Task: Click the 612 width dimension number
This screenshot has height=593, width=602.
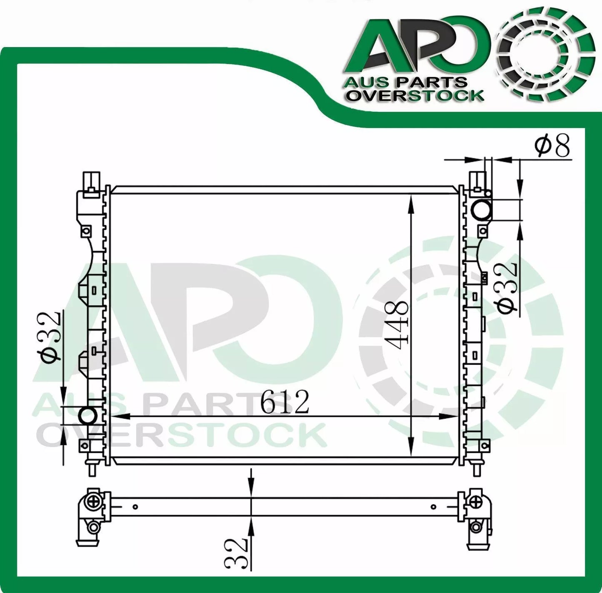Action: [285, 402]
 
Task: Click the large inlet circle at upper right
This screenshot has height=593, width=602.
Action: [482, 210]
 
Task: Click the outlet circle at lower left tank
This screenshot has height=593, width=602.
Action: [87, 415]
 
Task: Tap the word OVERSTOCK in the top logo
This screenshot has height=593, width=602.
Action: [416, 96]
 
